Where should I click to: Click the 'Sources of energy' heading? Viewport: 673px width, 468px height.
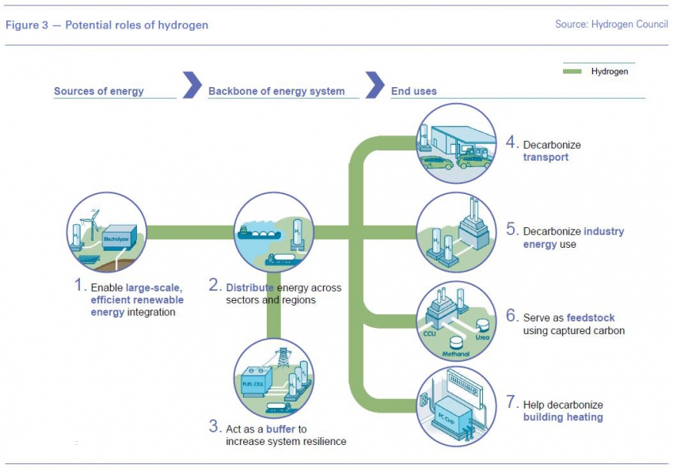[x=99, y=91]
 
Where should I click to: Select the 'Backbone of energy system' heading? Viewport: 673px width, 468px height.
[x=276, y=91]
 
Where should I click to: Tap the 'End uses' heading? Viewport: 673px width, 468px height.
[x=414, y=91]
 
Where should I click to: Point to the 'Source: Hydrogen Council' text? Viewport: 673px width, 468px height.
[x=611, y=25]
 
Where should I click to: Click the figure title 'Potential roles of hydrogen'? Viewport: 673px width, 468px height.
[x=136, y=25]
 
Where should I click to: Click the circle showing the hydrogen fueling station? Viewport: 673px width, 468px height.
[x=456, y=143]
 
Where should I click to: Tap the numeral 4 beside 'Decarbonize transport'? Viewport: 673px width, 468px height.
[x=512, y=144]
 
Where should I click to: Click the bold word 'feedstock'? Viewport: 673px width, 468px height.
[x=591, y=318]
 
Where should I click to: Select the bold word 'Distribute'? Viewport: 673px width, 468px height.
[x=252, y=287]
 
